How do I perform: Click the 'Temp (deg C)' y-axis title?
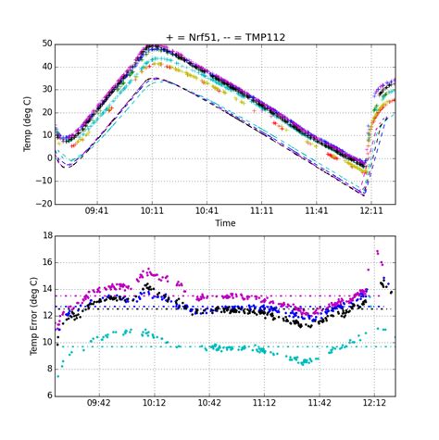(x=27, y=123)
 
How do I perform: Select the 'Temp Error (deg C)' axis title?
(x=33, y=316)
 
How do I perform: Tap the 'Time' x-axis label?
(x=225, y=223)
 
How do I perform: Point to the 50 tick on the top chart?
(x=45, y=44)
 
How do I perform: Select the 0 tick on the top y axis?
(x=48, y=157)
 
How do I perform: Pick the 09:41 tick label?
(x=97, y=211)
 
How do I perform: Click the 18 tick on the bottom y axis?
(x=45, y=236)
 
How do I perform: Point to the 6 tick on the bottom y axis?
(x=48, y=396)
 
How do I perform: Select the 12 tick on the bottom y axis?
(x=45, y=316)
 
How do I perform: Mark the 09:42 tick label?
(x=99, y=403)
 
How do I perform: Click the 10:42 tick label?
(x=209, y=403)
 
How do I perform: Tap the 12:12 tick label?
(x=374, y=403)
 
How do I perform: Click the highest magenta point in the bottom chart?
(x=377, y=250)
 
